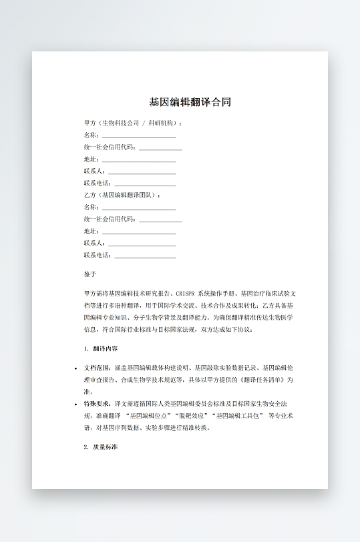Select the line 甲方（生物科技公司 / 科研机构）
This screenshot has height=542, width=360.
(133, 123)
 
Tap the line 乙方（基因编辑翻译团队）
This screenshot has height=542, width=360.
(122, 195)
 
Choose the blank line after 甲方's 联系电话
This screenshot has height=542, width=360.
(145, 184)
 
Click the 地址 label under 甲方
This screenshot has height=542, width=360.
(90, 160)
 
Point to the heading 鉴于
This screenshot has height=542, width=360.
(90, 274)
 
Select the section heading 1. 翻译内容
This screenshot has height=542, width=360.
(102, 348)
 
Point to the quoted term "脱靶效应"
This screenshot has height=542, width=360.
(190, 416)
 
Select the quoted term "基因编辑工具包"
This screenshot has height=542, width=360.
(236, 416)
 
